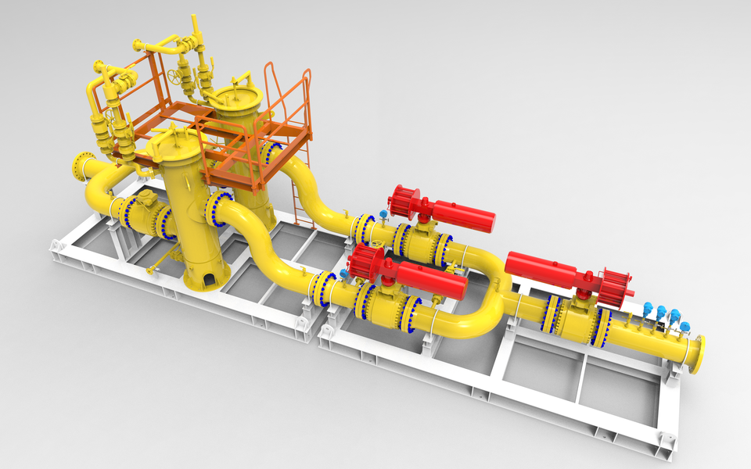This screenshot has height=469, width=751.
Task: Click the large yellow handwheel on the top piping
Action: pos(175,77)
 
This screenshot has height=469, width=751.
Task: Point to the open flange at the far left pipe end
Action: pos(79,166)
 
